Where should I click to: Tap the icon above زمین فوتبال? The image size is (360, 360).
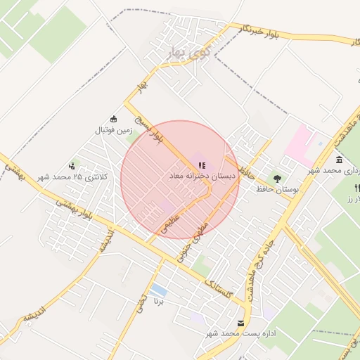tap(115, 119)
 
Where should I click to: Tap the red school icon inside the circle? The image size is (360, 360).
tap(202, 165)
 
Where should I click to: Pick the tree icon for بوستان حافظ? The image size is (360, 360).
tap(277, 179)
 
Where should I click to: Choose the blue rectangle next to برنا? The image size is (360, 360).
tap(159, 290)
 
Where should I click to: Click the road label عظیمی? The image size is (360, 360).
tap(172, 224)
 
